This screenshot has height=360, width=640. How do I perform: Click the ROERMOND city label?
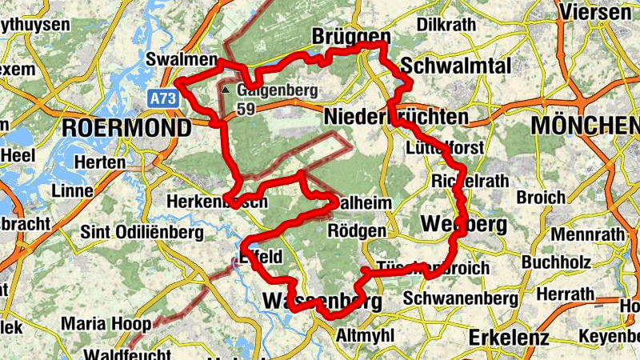[x=126, y=127]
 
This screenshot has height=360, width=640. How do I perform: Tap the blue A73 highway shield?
[x=162, y=96]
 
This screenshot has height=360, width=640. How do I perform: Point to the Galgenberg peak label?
[x=277, y=90]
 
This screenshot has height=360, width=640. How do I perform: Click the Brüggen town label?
[x=351, y=38]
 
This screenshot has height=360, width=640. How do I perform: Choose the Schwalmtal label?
[x=455, y=64]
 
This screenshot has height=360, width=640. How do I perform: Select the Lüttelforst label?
[x=443, y=147]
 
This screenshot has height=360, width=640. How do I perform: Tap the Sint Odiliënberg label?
[x=142, y=232]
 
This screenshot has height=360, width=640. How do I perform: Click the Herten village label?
[x=98, y=162]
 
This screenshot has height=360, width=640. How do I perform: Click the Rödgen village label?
[x=357, y=231]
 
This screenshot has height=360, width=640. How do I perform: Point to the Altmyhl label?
[x=366, y=334]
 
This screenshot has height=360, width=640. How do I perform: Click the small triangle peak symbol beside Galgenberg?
[x=226, y=90]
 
